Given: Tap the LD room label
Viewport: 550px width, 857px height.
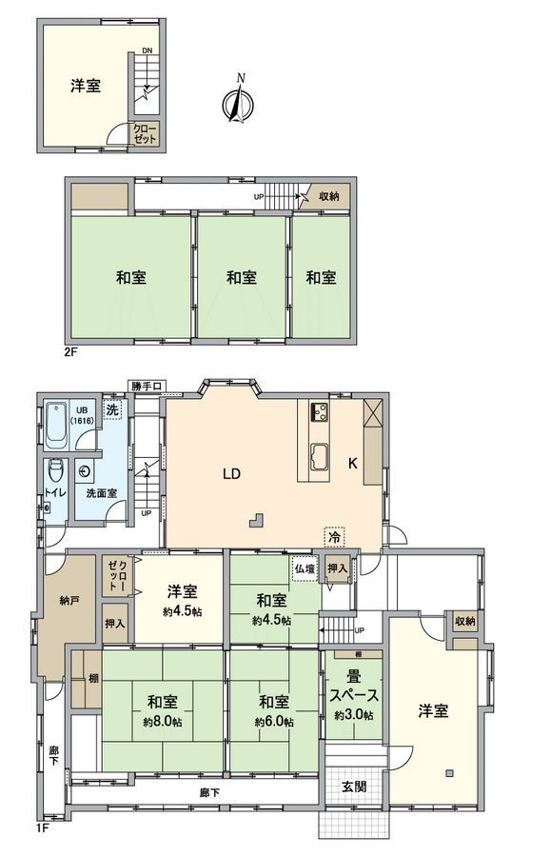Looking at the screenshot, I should (231, 472).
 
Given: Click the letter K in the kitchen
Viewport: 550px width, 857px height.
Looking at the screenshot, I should (352, 464).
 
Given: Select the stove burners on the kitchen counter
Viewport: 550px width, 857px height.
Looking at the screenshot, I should (319, 412).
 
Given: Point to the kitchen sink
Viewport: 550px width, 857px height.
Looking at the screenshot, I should (320, 457).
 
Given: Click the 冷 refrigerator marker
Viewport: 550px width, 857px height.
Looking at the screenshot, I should (334, 537).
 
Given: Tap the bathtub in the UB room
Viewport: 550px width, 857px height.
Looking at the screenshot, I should (56, 427).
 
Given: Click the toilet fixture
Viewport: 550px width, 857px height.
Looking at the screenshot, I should (56, 470).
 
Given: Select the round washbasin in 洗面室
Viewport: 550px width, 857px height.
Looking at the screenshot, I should (88, 470).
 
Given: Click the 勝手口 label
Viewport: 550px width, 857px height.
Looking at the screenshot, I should (147, 387).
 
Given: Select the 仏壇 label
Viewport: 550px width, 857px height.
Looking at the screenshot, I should (304, 568).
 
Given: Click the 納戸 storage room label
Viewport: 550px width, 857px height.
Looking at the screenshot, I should (69, 601).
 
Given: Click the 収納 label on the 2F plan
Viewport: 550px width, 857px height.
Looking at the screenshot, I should (328, 196).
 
